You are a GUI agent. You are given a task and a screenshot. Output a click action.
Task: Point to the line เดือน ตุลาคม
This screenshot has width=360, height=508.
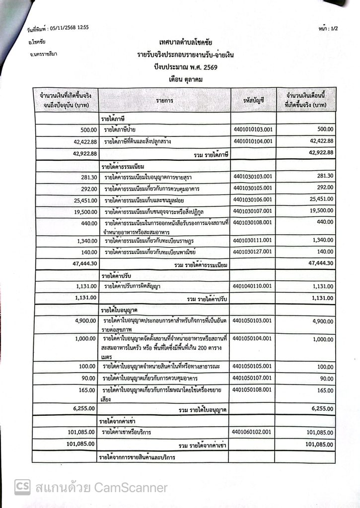[185, 79]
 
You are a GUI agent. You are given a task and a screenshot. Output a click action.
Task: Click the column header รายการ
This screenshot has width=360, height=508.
[164, 100]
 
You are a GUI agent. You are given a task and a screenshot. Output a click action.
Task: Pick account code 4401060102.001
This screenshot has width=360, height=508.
[253, 432]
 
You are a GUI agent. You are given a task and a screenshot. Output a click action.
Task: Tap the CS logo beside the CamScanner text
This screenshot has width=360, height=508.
[22, 487]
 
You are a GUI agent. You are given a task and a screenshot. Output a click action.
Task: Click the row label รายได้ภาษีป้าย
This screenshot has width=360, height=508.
[124, 130]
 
